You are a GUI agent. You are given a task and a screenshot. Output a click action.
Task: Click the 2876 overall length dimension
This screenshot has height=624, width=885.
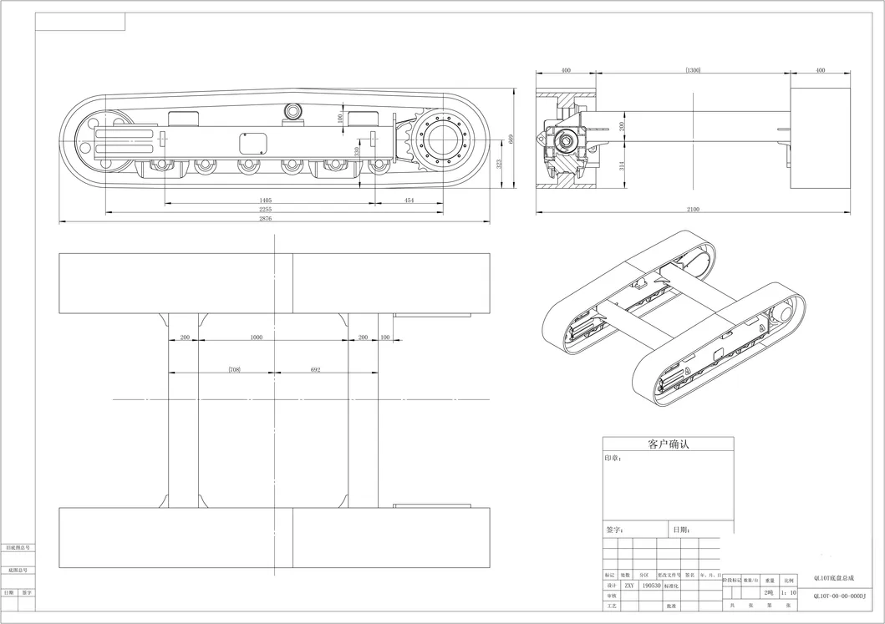point(266,219)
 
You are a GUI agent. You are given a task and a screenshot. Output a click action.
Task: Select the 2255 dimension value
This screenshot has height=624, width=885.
point(266,210)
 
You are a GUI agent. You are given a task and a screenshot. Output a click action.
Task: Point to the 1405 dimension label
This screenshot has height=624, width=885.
point(266,200)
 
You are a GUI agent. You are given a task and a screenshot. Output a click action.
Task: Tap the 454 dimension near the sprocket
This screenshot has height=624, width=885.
point(409,200)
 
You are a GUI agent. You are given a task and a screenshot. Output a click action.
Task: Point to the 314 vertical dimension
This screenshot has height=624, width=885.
point(621,166)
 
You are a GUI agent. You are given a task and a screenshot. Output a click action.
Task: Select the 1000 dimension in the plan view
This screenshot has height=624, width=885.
point(257,337)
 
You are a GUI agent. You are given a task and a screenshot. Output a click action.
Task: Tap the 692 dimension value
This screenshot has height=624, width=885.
point(315,368)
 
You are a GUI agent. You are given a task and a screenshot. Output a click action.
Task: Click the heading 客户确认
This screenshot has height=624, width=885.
point(668,444)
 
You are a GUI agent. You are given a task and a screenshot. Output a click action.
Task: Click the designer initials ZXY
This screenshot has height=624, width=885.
point(628,586)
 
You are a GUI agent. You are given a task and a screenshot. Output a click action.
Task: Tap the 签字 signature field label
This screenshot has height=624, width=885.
point(615,530)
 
